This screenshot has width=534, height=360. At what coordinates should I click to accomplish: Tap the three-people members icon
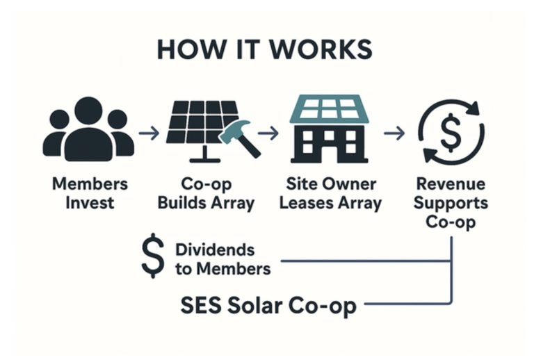pyautogui.click(x=88, y=128)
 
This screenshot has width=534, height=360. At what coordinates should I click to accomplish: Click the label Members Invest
pyautogui.click(x=88, y=194)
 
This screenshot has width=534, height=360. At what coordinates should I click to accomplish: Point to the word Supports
pyautogui.click(x=452, y=204)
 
